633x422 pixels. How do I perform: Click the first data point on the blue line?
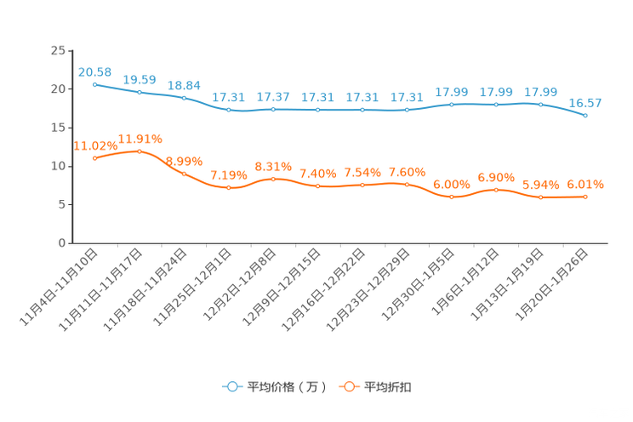pos(94,84)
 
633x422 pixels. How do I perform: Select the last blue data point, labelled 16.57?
pos(585,116)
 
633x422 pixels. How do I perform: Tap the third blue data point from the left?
pos(184,97)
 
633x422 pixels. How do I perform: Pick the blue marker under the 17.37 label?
pos(273,110)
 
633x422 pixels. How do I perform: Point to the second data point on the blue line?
pos(140,91)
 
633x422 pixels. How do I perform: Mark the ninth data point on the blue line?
pos(452,104)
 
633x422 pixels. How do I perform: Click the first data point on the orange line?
pos(94,158)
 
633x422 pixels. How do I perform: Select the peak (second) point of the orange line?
pos(140,151)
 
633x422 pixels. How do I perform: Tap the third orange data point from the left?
pos(184,174)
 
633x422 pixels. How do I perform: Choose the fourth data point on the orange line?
pos(228,187)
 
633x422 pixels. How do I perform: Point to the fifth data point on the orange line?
pos(273,178)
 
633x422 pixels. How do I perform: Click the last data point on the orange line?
pos(585,197)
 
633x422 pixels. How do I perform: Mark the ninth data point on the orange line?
pos(452,197)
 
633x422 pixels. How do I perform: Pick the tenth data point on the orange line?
pos(496,190)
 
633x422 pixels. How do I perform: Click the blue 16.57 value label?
pos(585,102)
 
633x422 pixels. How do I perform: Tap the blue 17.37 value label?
pos(273,96)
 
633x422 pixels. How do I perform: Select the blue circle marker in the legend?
pos(231,386)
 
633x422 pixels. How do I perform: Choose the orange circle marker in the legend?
pos(349,386)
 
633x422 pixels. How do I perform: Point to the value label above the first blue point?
pos(94,71)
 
